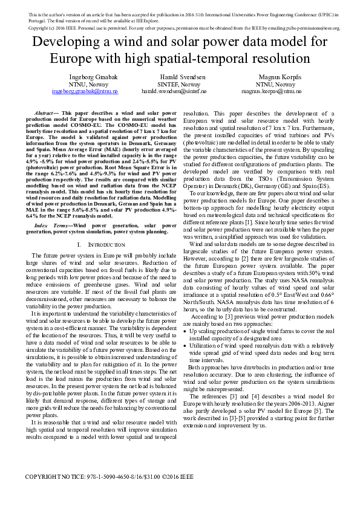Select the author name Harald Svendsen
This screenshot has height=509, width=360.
[182, 77]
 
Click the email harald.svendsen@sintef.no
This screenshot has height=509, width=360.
[182, 91]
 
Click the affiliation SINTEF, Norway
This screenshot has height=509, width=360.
[182, 85]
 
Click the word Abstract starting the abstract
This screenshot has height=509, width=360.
[43, 113]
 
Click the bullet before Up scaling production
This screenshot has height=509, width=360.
[192, 331]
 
